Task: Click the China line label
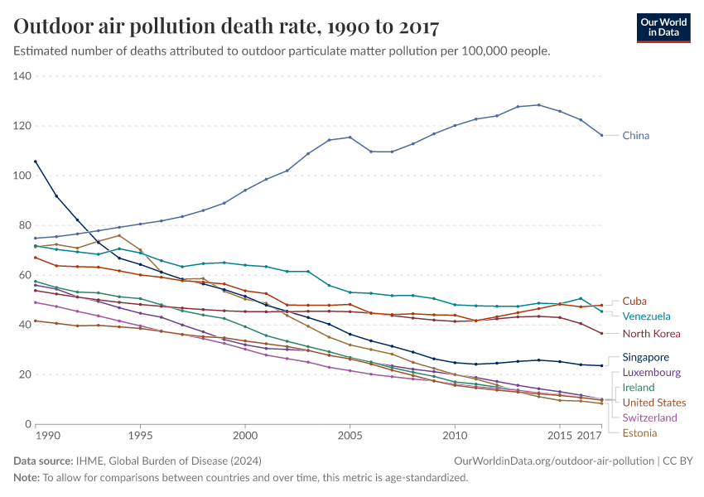[636, 135]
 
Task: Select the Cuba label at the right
[634, 302]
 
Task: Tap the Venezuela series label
[647, 316]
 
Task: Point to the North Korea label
[651, 334]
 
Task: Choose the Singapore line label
[646, 358]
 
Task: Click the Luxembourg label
[651, 373]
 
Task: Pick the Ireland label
[639, 388]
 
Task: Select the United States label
[654, 403]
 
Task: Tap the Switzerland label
[649, 418]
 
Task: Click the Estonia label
[640, 433]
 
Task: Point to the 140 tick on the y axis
[22, 76]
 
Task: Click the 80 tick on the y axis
[25, 225]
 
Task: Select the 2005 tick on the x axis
[350, 435]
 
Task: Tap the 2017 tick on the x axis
[590, 435]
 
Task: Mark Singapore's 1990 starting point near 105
[36, 162]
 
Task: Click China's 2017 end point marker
[602, 135]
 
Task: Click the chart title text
[226, 27]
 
